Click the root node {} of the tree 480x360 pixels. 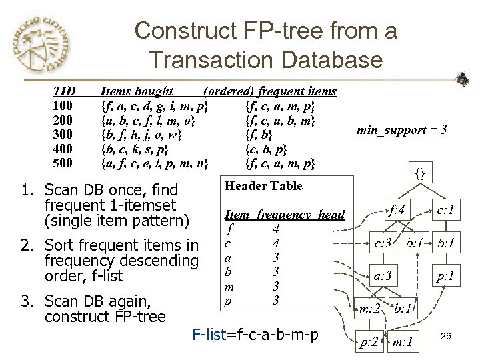coord(420,175)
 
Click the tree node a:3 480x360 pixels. coord(382,274)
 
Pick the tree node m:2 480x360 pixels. coord(371,308)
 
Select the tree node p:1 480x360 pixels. coord(445,274)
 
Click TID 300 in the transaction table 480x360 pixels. coord(63,134)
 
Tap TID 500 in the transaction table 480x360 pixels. coord(63,163)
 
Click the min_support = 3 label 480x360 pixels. coord(402,129)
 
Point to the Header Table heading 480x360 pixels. coord(263,186)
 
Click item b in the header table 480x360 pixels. coord(229,271)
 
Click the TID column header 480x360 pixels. coord(64,91)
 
